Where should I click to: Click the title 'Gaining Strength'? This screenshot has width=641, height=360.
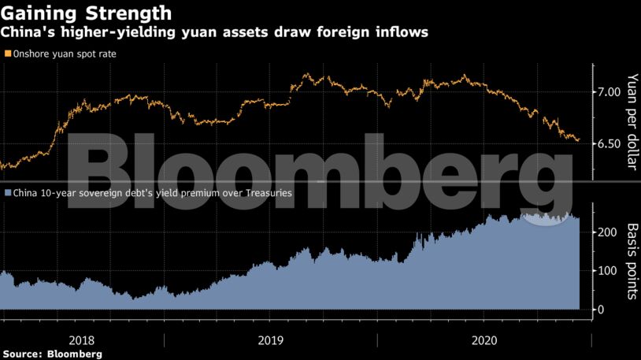click(87, 13)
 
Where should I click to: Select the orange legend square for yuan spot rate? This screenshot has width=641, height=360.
click(7, 54)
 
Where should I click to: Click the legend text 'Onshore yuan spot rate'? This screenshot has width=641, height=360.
click(62, 54)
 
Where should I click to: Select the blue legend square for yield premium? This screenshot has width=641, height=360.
click(7, 192)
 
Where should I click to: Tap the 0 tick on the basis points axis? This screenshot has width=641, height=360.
click(602, 310)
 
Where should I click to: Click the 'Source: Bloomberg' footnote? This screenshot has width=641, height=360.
click(52, 354)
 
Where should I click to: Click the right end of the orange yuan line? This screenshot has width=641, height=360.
click(579, 141)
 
